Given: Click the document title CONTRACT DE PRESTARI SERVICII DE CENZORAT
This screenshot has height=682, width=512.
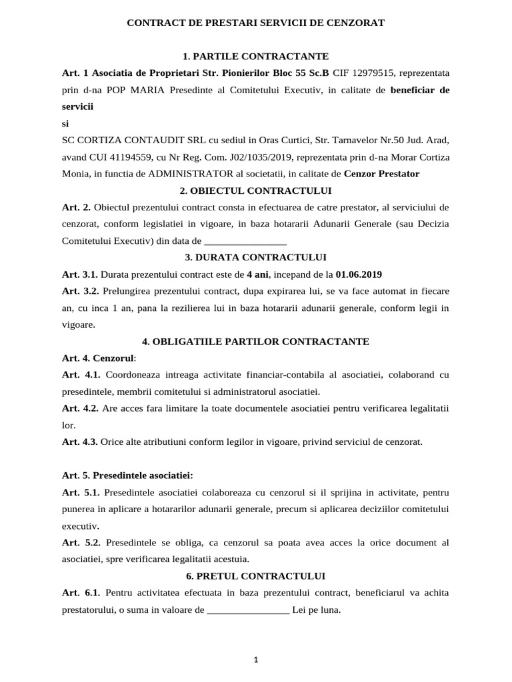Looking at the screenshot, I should pyautogui.click(x=255, y=23).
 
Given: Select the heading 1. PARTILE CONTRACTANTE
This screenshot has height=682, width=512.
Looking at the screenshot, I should pyautogui.click(x=255, y=56).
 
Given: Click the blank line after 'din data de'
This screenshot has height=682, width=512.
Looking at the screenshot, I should pyautogui.click(x=245, y=241).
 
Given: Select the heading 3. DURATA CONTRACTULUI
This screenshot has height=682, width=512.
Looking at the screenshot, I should pyautogui.click(x=255, y=257).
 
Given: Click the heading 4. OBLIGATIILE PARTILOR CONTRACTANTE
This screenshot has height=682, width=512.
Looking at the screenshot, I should pyautogui.click(x=255, y=341).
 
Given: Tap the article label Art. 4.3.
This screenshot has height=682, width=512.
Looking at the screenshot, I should pyautogui.click(x=80, y=442).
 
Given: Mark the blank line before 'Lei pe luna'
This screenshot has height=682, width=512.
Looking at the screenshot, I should pyautogui.click(x=248, y=609).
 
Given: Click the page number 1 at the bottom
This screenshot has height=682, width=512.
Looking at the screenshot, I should pyautogui.click(x=256, y=659).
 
